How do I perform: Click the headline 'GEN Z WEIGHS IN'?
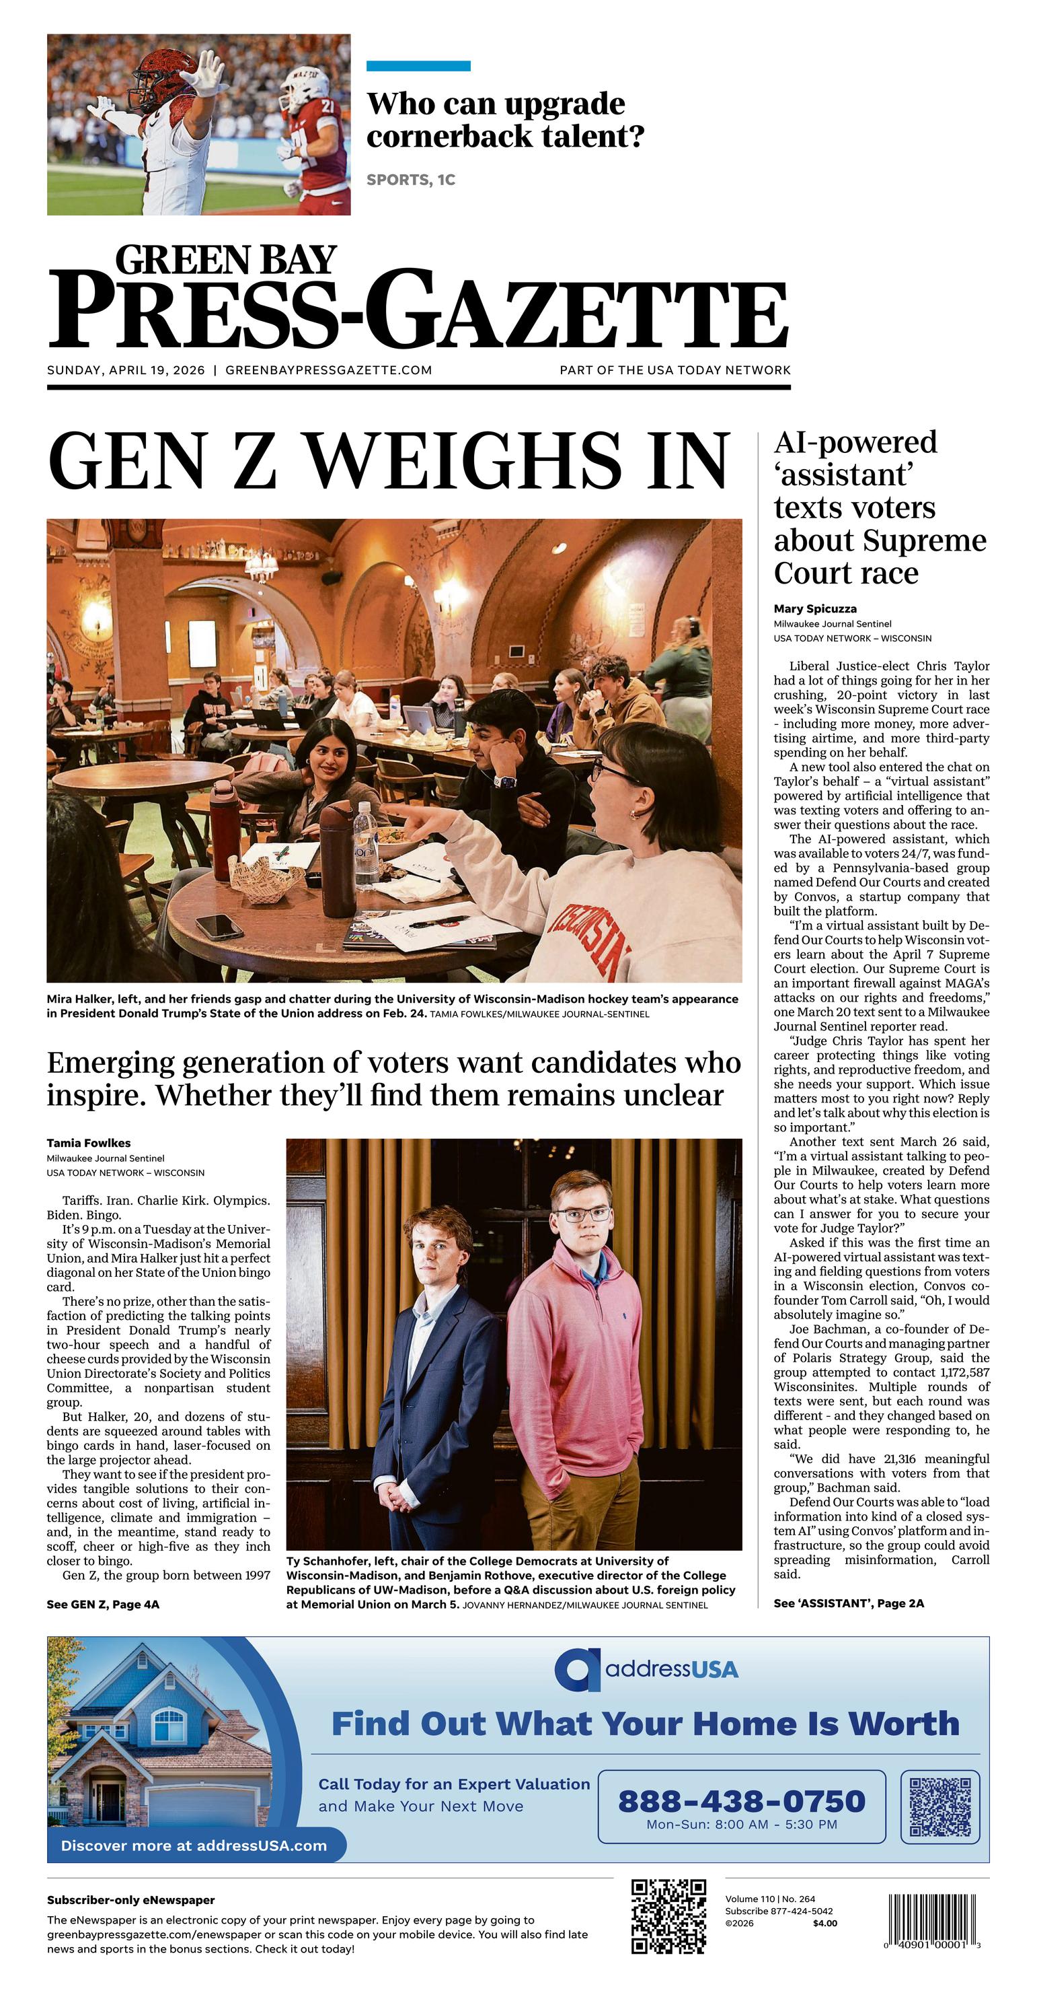pyautogui.click(x=389, y=461)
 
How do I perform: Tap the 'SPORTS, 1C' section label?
pyautogui.click(x=411, y=180)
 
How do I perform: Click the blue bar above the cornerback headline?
pyautogui.click(x=418, y=66)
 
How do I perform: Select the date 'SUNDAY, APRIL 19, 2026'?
pyautogui.click(x=126, y=370)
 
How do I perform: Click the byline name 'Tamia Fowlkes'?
pyautogui.click(x=89, y=1144)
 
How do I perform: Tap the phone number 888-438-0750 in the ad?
pyautogui.click(x=740, y=1801)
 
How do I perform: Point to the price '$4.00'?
pyautogui.click(x=824, y=1924)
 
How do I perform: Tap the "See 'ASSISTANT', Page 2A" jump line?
pyautogui.click(x=849, y=1603)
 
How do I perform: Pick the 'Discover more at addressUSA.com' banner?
pyautogui.click(x=194, y=1845)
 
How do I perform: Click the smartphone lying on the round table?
pyautogui.click(x=219, y=925)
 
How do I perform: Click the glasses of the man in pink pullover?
pyautogui.click(x=580, y=1214)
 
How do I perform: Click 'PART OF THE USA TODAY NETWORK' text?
pyautogui.click(x=675, y=370)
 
